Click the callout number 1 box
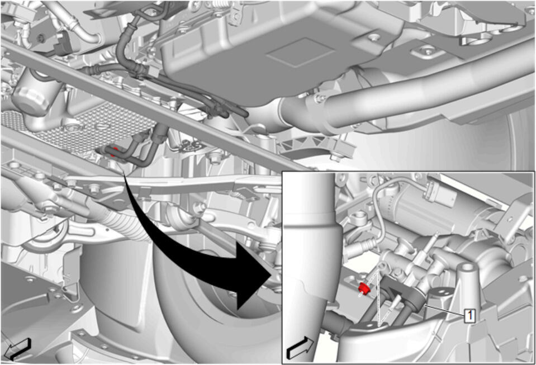pos(470,315)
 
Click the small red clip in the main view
pos(116,150)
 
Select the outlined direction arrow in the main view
pos(18,349)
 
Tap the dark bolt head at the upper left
pos(41,38)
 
